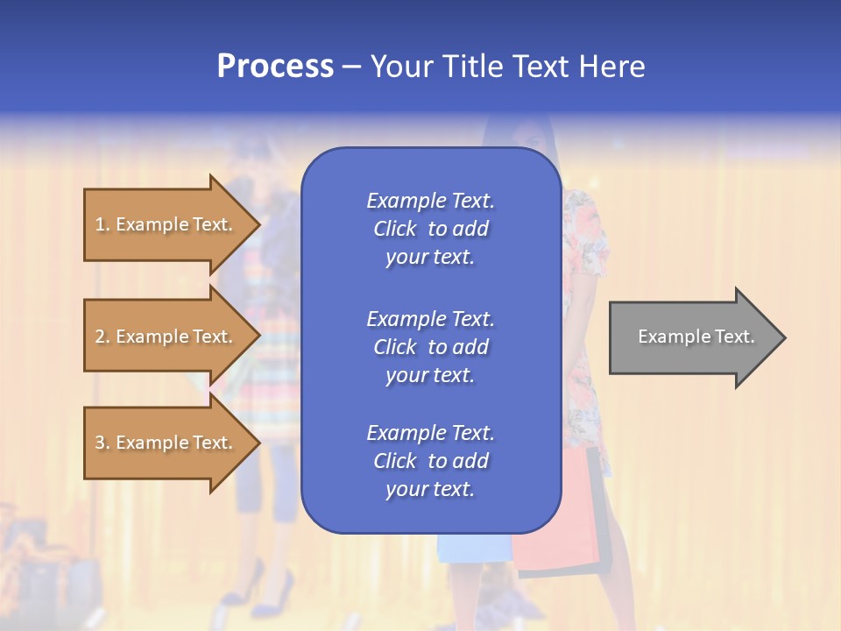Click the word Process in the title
tap(275, 67)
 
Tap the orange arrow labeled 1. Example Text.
tap(166, 224)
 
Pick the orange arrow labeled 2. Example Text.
tap(166, 337)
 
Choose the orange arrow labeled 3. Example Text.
tap(166, 443)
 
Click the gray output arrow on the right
tap(692, 337)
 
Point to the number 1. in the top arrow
tap(102, 224)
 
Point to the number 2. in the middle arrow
tap(102, 337)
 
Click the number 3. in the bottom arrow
tap(102, 443)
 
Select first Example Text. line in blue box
tap(430, 201)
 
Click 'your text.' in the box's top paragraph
tap(430, 257)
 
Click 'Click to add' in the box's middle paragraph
tap(430, 347)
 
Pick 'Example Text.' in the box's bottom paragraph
tap(430, 433)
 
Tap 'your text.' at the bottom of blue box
tap(430, 489)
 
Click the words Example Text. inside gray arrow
tap(696, 337)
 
